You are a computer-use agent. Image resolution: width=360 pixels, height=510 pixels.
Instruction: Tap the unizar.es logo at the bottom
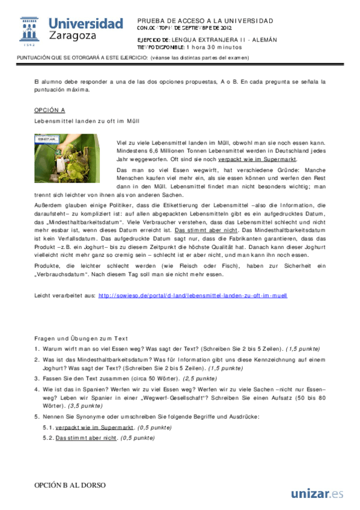tap(317, 494)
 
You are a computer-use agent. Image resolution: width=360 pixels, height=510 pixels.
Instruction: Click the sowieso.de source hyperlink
tap(192, 296)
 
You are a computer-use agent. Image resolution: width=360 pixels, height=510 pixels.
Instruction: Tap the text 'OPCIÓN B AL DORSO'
tap(70, 485)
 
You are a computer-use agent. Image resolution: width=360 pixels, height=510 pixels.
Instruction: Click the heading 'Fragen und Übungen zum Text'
tap(81, 339)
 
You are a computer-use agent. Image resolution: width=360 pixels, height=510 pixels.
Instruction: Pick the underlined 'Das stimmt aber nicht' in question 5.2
tap(86, 438)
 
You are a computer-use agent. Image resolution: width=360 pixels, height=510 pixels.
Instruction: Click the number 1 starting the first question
tap(37, 348)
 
